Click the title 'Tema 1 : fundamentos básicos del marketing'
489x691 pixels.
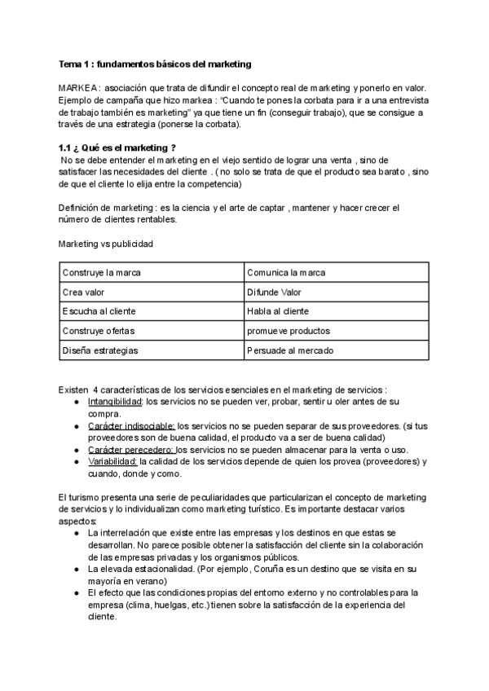point(155,64)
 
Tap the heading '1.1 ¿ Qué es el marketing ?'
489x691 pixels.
point(117,147)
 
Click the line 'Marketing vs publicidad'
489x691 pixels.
point(105,244)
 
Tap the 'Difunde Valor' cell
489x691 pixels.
point(273,292)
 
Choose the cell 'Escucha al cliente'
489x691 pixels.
point(99,311)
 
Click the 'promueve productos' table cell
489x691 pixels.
point(288,331)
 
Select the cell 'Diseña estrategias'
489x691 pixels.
point(99,350)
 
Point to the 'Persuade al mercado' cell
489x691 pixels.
point(289,350)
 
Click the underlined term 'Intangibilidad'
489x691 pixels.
point(115,402)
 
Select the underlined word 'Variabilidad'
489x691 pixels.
point(112,462)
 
